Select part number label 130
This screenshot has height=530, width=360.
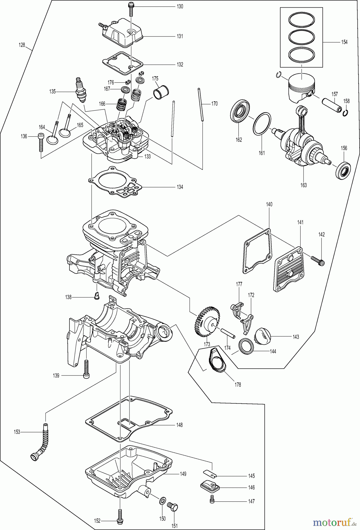pos(180,6)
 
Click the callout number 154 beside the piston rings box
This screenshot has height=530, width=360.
pos(344,42)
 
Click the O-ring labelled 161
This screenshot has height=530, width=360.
pos(262,124)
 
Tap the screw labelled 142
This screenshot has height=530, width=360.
pos(318,260)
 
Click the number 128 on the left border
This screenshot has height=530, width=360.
pos(22,45)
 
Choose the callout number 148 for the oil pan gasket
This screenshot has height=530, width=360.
pos(180,425)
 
